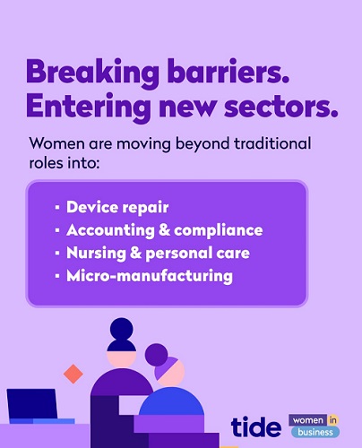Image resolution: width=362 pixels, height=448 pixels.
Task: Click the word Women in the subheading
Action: [x=56, y=143]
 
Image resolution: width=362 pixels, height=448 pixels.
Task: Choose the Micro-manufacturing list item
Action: [x=150, y=276]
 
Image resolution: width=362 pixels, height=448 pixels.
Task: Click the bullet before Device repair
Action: [x=57, y=208]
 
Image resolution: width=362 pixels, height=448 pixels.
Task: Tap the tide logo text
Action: [x=255, y=426]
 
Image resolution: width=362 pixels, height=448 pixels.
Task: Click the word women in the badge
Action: [x=307, y=419]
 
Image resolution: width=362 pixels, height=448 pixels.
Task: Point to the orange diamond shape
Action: [x=73, y=374]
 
